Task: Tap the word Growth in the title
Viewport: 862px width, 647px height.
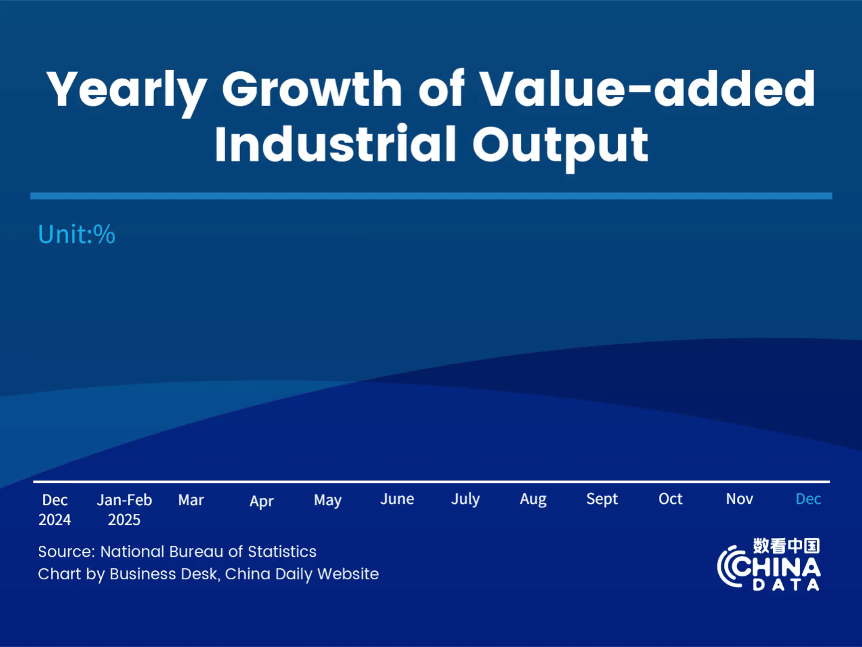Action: pos(312,89)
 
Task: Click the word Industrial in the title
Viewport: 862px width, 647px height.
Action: pos(335,144)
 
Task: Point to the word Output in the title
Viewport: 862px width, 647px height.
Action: pos(560,146)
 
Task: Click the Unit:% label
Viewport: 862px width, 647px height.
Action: pos(77,234)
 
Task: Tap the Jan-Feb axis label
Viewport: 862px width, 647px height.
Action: pos(125,500)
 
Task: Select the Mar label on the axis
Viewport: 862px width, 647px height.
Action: pos(191,500)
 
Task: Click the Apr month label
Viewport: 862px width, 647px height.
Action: pos(262,501)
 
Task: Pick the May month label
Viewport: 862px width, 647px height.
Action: pos(327,500)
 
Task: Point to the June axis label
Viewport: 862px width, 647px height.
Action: pos(397,499)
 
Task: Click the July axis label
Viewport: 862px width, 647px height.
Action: pos(465,499)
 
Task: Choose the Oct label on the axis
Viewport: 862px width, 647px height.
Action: pos(670,499)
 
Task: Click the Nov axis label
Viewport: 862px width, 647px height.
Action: pos(739,499)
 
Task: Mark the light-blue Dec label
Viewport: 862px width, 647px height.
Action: pos(808,499)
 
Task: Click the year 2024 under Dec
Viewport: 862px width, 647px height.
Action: pos(54,519)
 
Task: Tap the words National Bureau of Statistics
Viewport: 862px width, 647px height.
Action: pos(208,551)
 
